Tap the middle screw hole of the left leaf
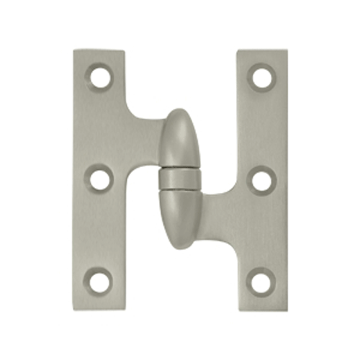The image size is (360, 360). (x=99, y=176)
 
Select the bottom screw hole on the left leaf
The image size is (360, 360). (x=99, y=279)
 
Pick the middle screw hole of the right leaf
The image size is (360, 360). (x=261, y=177)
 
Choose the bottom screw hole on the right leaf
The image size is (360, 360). (x=261, y=279)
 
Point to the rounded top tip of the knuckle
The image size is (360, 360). (x=178, y=113)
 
